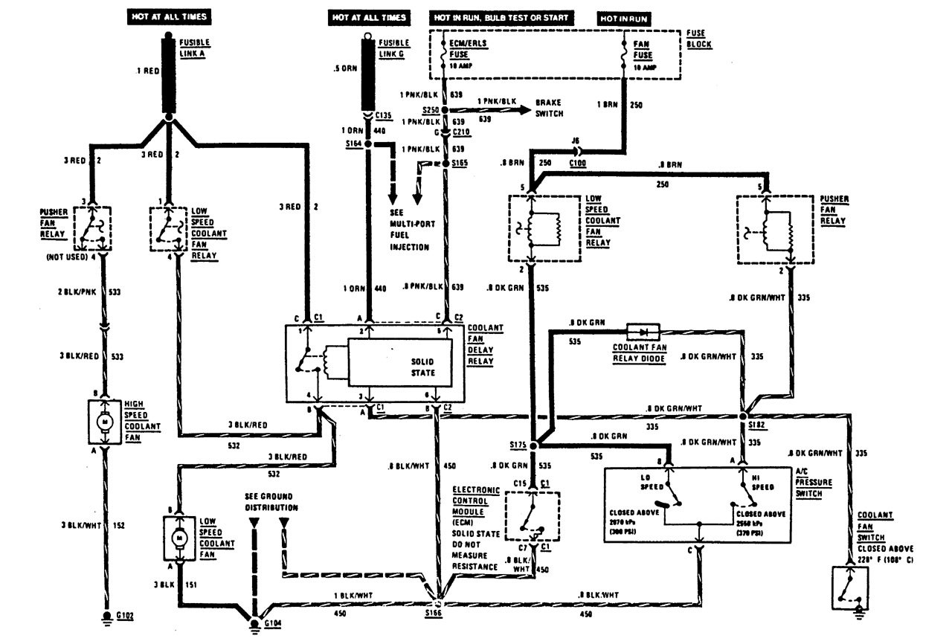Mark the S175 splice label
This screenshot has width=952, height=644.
(519, 445)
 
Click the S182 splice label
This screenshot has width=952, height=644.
(759, 424)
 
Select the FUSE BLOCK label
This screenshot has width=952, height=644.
(698, 39)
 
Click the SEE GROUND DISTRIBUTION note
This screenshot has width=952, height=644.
(272, 501)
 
